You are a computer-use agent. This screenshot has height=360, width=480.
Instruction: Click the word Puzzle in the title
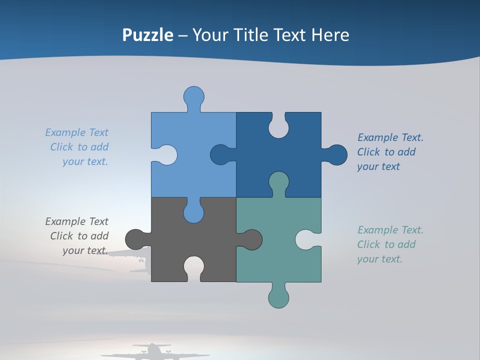coord(148,35)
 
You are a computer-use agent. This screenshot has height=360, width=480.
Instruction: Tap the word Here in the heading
coord(330,35)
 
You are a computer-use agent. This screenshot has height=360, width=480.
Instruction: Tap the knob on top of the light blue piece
coord(193,96)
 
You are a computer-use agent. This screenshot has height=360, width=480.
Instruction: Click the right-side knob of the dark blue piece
coord(336,155)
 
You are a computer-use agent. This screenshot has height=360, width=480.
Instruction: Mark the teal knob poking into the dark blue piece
coord(278,182)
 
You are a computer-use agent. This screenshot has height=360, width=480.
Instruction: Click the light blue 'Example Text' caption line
coord(76,132)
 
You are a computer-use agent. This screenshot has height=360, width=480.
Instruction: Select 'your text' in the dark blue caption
coord(378,166)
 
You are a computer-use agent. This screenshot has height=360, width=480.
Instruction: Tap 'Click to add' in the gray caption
coord(79,236)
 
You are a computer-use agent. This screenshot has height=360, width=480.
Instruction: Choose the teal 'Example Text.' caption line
coord(390,230)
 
